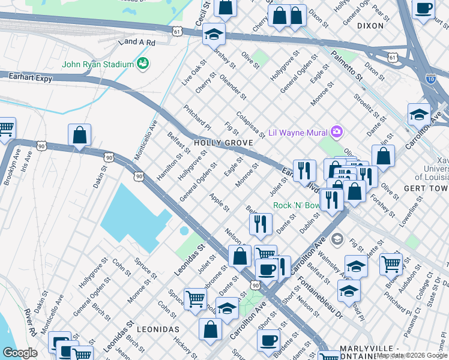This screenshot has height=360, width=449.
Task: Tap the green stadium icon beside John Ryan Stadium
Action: click(143, 63)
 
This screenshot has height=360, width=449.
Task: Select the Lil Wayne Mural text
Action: click(298, 132)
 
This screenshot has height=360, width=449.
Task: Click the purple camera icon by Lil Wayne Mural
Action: click(337, 131)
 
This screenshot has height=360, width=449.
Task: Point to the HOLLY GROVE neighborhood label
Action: click(223, 143)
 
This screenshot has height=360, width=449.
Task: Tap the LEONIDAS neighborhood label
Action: click(158, 329)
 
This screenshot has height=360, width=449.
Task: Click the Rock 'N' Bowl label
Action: click(297, 205)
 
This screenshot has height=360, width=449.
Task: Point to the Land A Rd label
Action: click(137, 42)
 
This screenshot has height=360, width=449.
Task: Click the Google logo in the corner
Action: click(20, 353)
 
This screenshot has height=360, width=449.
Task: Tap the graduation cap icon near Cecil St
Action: click(213, 35)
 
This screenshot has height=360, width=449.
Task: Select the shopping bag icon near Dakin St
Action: click(79, 136)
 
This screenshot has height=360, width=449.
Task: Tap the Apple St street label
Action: click(219, 202)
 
